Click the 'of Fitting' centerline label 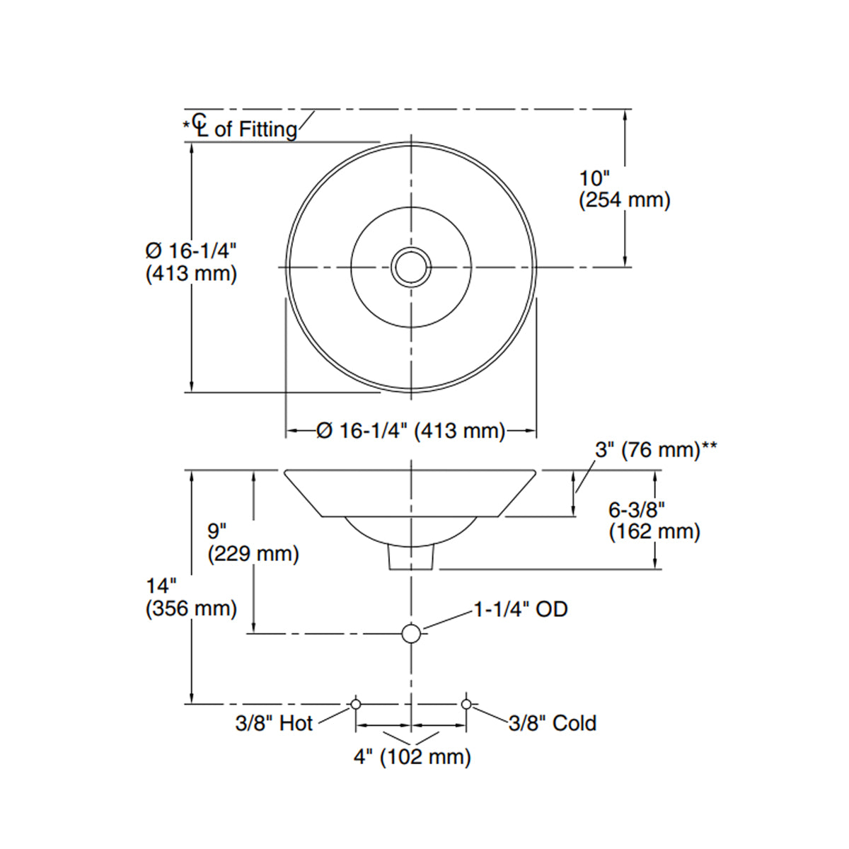pyautogui.click(x=255, y=129)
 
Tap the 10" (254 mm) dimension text pyautogui.click(x=624, y=190)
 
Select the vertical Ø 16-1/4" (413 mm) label pyautogui.click(x=191, y=262)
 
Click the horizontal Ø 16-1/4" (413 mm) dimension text pyautogui.click(x=410, y=430)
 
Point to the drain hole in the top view pyautogui.click(x=411, y=267)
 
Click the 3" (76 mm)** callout pyautogui.click(x=656, y=450)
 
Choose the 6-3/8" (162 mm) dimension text pyautogui.click(x=654, y=521)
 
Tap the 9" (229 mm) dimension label pyautogui.click(x=253, y=543)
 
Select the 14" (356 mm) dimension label pyautogui.click(x=191, y=597)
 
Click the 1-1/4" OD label pyautogui.click(x=520, y=609)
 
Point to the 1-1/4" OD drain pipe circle pyautogui.click(x=411, y=633)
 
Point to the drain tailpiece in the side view pyautogui.click(x=411, y=558)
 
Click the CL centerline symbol pyautogui.click(x=202, y=125)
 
